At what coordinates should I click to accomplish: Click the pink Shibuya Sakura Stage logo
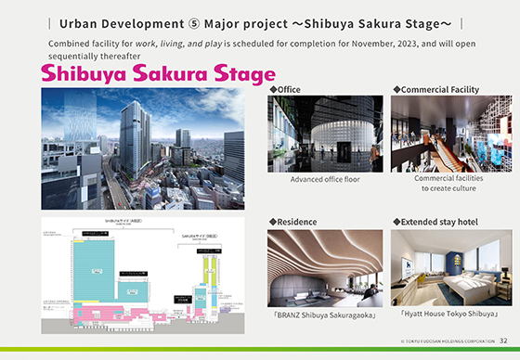pos(158,73)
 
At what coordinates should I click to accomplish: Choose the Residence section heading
pos(294,222)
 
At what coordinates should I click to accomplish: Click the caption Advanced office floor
pos(325,179)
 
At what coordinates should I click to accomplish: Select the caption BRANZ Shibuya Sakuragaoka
pos(324,314)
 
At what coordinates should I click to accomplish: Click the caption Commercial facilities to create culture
pos(448,183)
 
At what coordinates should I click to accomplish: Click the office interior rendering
pos(325,133)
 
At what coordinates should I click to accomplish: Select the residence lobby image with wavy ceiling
pos(325,268)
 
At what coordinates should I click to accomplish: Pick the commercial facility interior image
pos(448,133)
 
